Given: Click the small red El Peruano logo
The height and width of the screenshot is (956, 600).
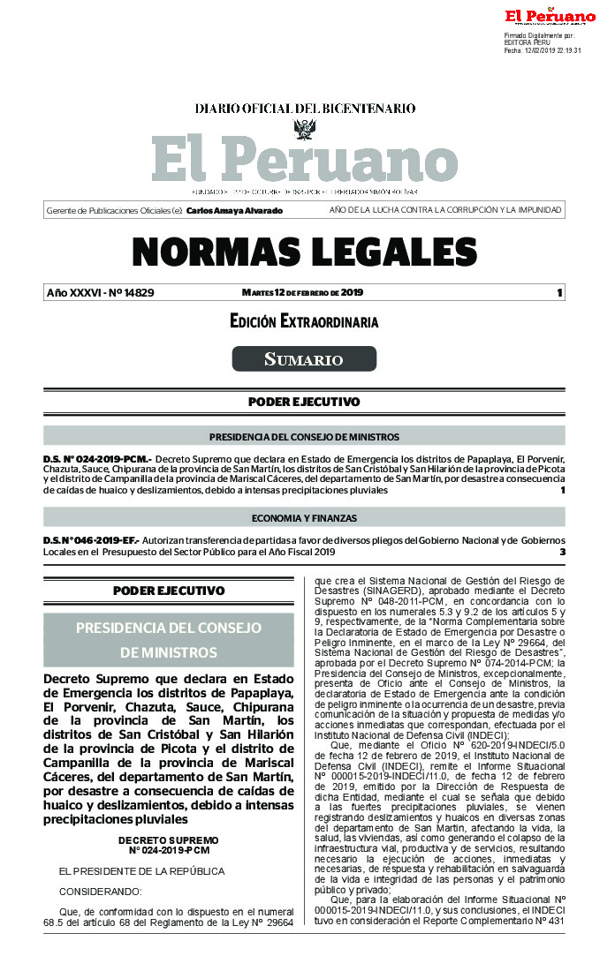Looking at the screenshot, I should [550, 16].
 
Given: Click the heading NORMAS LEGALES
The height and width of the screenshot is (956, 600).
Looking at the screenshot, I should [304, 253].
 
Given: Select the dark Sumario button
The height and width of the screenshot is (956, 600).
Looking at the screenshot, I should [304, 359].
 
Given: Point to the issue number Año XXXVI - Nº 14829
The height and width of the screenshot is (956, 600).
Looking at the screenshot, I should [100, 293].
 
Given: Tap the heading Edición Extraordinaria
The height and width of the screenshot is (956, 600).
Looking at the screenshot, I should [304, 322].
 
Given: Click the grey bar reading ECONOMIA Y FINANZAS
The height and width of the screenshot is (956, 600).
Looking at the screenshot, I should [304, 518].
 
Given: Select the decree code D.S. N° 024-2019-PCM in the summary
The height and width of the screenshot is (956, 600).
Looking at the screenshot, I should [97, 460].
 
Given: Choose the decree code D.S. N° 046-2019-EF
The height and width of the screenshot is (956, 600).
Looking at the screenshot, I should [91, 539].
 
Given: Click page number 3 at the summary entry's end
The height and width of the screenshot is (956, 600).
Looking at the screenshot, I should [562, 552].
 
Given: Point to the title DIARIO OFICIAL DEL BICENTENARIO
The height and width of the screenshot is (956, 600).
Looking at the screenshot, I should [305, 109].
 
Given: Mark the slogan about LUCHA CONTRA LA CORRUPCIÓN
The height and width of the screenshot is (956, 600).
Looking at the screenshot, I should [445, 211].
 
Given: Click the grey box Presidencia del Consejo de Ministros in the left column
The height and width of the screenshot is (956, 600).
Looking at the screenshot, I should [169, 640].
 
